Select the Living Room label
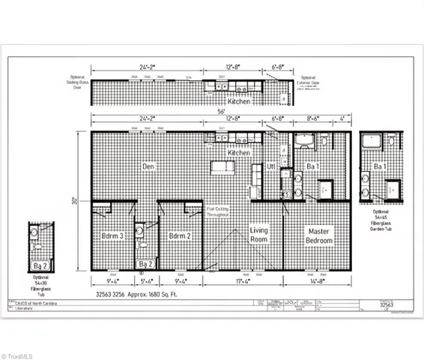[x=258, y=235]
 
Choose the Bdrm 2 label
[x=181, y=235]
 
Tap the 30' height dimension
[x=76, y=201]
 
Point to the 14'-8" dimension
[x=317, y=281]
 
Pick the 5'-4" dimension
[x=146, y=281]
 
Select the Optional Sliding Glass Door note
[x=79, y=81]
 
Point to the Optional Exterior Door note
[x=309, y=81]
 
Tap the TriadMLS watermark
[x=25, y=352]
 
